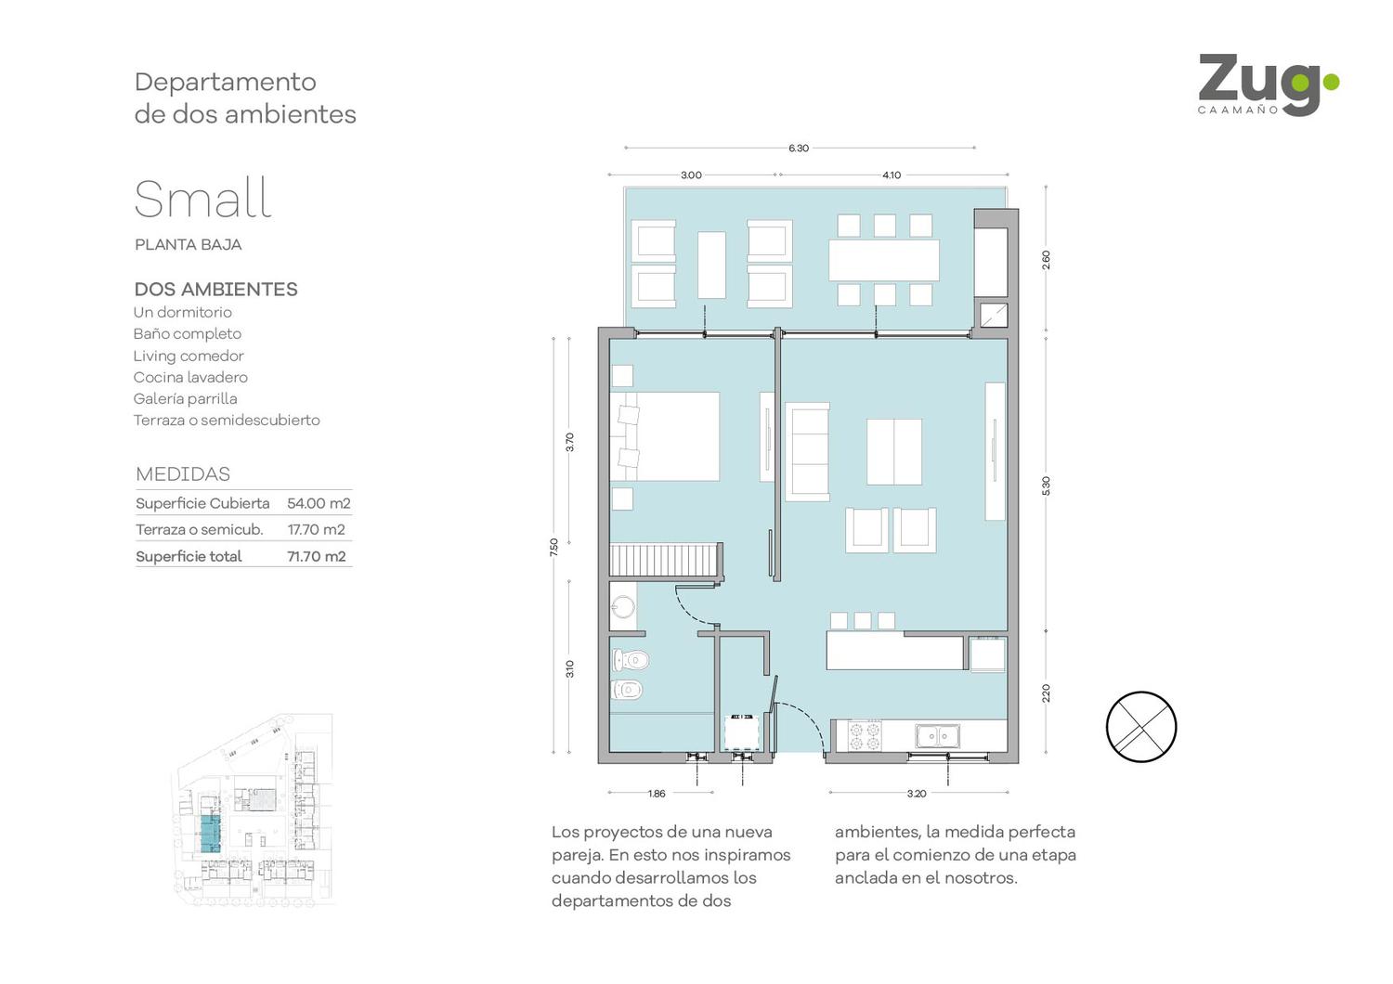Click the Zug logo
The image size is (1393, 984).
pos(1269,84)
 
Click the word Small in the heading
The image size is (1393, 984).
pos(203,199)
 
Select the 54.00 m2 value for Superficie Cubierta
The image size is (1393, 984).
pos(319,503)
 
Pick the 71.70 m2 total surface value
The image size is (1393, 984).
pos(316,556)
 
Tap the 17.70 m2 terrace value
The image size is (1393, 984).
pos(316,530)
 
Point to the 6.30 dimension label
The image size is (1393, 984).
pos(799,148)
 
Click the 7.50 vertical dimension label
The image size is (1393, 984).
pos(554,547)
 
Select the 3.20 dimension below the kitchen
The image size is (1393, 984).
pos(917,793)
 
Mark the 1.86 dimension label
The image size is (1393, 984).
pos(657,793)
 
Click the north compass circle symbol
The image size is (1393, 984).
pos(1141,727)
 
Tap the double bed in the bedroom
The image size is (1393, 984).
pos(664,435)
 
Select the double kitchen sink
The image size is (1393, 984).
pos(937,736)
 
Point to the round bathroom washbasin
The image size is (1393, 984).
pos(622,606)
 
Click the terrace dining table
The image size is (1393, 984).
pos(884,261)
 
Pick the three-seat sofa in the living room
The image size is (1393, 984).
pos(807,452)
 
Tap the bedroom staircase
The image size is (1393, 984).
pos(666,560)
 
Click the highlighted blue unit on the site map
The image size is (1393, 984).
pos(210,834)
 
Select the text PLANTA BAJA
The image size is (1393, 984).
pos(188,245)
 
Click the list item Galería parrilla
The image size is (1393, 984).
pos(185,398)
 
